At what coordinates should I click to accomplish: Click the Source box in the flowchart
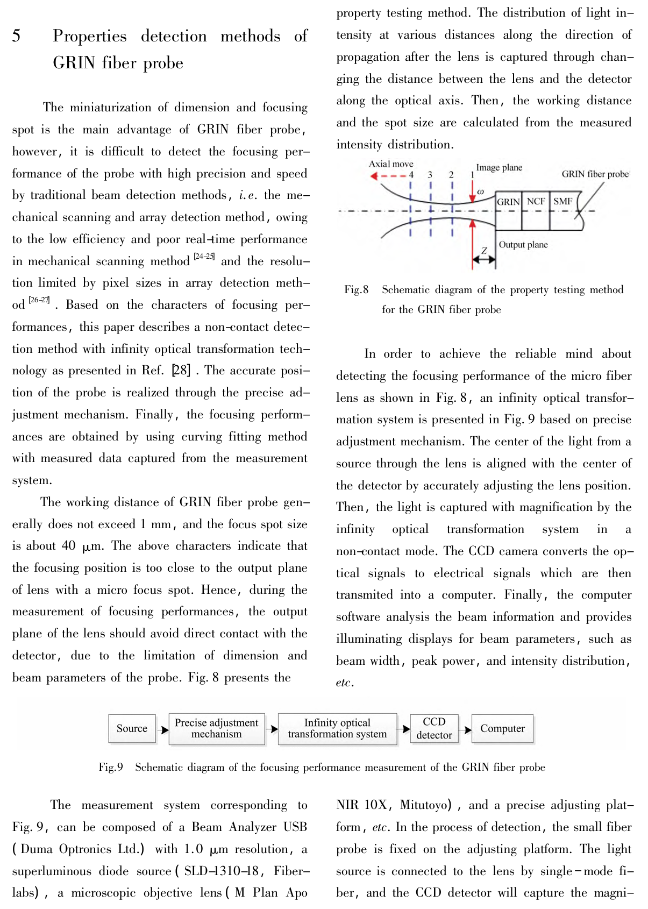tap(132, 729)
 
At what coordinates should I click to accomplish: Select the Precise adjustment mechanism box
tap(217, 729)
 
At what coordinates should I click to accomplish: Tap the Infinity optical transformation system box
tap(337, 729)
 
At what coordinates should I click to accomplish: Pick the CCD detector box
tap(434, 729)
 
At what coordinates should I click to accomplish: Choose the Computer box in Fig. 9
tap(502, 729)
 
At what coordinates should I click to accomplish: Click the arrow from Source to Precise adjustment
tap(162, 730)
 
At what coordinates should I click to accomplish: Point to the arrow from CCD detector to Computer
tap(466, 729)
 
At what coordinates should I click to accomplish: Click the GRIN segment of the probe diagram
tap(508, 202)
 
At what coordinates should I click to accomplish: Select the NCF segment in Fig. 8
tap(536, 202)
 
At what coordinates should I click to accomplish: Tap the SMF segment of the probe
tap(563, 202)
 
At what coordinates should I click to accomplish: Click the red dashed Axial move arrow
tap(388, 176)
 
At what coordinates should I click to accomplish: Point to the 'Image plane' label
tap(499, 168)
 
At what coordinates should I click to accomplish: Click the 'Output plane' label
tap(523, 245)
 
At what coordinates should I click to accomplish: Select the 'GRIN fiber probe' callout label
tap(595, 174)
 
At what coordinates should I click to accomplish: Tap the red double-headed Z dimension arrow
tap(484, 260)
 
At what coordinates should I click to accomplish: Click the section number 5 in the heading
tap(17, 36)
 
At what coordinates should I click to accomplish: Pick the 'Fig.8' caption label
tap(357, 290)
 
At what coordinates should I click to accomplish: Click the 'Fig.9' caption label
tap(111, 768)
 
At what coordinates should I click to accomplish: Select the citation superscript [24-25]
tap(204, 257)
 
